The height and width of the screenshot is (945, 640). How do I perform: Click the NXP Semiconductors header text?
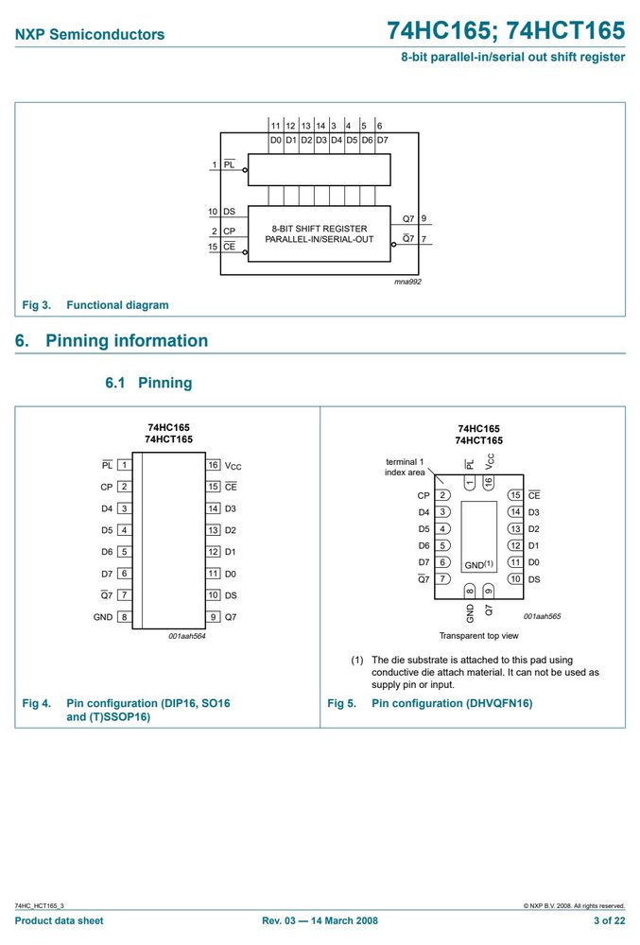[89, 34]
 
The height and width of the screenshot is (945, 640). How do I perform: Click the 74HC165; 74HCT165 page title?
[506, 30]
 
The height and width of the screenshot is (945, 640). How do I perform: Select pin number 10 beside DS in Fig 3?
[213, 212]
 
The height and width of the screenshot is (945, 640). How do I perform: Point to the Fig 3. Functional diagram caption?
[95, 305]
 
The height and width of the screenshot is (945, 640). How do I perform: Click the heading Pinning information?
[127, 340]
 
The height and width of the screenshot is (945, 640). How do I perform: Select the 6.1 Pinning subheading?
[148, 383]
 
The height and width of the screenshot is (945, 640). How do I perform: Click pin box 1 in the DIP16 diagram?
[124, 465]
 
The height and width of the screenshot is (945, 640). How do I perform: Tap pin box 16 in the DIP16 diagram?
[214, 465]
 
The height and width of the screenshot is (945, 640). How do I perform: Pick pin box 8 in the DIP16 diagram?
[124, 616]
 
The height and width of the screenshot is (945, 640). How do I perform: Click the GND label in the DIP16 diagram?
[103, 617]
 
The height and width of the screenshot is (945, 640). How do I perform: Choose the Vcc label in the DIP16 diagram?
[233, 466]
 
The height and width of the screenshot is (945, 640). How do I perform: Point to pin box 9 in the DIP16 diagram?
[214, 616]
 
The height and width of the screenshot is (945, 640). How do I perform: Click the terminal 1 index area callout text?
[405, 467]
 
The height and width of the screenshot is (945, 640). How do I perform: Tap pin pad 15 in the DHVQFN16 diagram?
[514, 495]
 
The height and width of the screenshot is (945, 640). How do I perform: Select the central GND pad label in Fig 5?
[478, 565]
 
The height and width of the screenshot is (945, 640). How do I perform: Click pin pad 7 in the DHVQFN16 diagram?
[442, 578]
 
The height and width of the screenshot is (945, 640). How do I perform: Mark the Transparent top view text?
[478, 636]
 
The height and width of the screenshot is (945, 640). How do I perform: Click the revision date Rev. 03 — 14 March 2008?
[320, 920]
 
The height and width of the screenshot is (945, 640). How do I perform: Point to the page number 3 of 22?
[609, 920]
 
